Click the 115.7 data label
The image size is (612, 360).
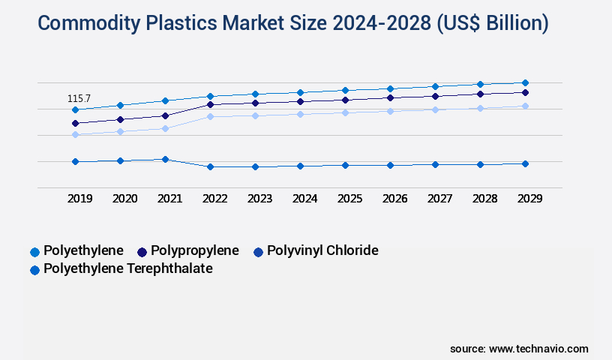pos(79,98)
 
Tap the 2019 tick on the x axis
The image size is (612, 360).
pos(79,199)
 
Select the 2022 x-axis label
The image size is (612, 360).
pos(214,199)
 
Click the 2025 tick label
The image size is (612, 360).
pos(349,199)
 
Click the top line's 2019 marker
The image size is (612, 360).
pos(75,109)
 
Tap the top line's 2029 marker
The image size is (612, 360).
pos(525,82)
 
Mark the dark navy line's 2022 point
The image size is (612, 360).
pos(210,104)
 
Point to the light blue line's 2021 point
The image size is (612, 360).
pos(165,128)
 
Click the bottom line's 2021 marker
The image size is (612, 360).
pos(165,159)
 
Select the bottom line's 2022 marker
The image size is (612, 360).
pos(210,166)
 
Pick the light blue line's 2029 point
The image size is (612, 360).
pos(525,106)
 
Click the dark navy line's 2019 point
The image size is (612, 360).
pos(75,123)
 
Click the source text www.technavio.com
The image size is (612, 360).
pos(538,349)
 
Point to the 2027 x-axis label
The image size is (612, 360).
pos(439,199)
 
